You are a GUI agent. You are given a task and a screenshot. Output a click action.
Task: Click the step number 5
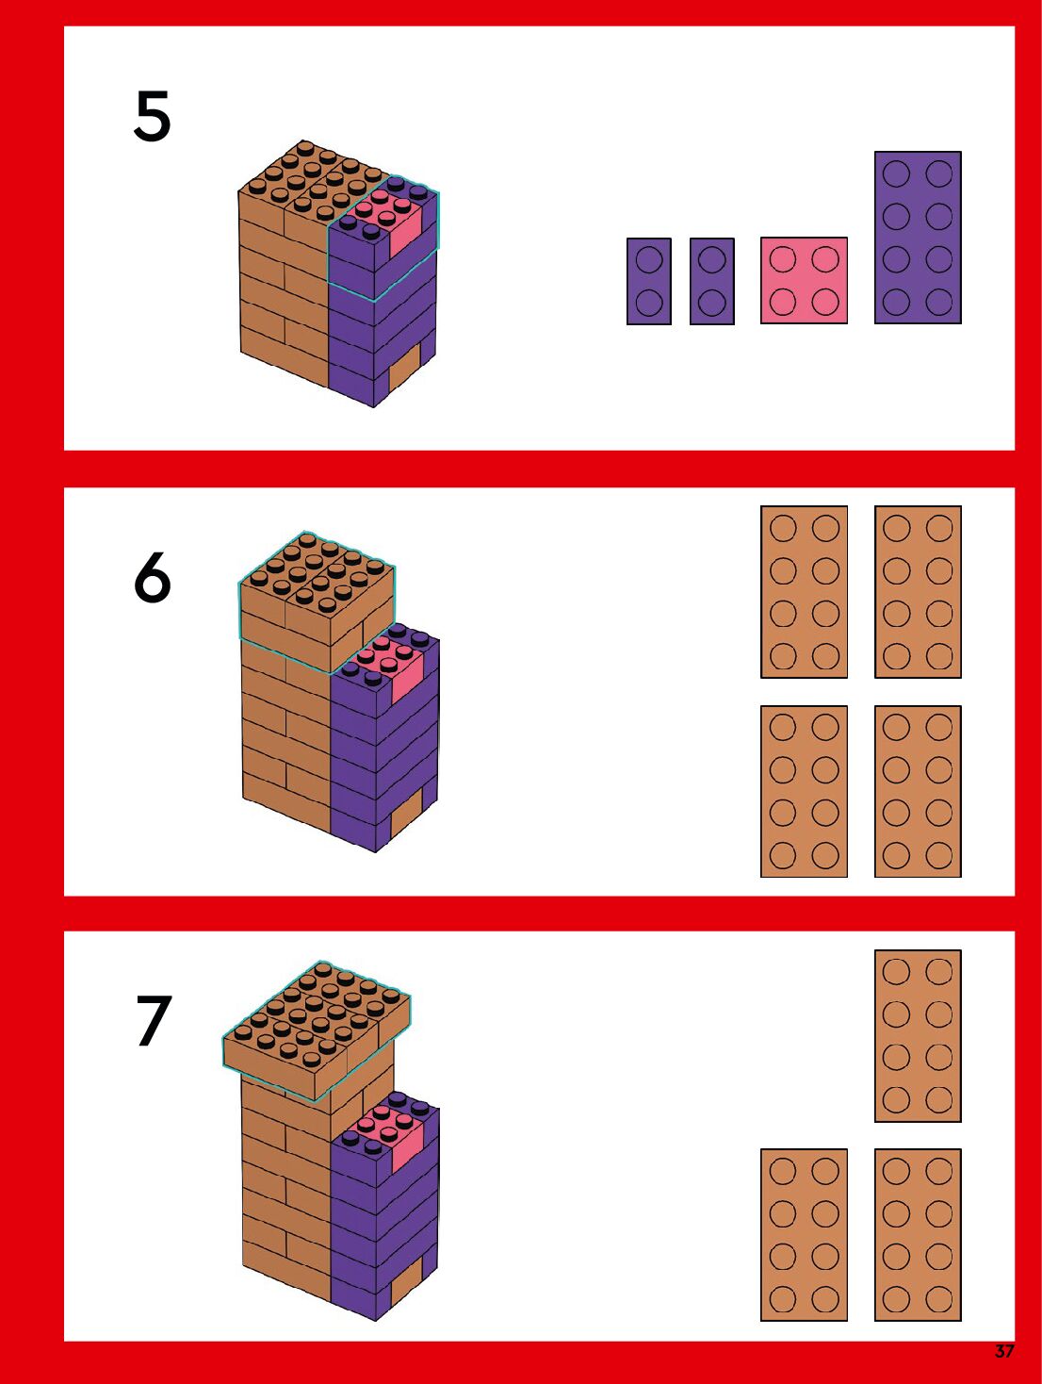[153, 117]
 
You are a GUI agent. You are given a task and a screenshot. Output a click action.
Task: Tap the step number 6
[153, 577]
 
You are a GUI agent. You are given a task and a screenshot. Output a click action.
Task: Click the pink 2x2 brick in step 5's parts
[804, 281]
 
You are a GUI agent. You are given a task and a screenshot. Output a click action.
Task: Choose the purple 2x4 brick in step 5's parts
[918, 238]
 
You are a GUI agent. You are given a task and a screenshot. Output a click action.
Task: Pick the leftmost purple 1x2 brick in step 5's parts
[649, 281]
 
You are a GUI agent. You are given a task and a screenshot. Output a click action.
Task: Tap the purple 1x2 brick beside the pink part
[712, 281]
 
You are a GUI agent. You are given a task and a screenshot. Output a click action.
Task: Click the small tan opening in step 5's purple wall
[404, 367]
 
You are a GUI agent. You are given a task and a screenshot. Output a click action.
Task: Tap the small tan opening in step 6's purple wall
[406, 813]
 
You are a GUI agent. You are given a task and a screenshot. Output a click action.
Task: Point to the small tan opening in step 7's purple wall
[406, 1280]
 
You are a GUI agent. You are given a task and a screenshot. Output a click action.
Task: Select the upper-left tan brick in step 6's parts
[804, 592]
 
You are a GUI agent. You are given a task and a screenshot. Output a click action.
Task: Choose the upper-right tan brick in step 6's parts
[918, 592]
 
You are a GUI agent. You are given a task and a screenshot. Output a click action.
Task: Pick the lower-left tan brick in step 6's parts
[804, 791]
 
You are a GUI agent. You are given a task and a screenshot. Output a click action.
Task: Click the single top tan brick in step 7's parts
[918, 1036]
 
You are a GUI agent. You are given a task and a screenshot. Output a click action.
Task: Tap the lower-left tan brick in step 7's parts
[804, 1234]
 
